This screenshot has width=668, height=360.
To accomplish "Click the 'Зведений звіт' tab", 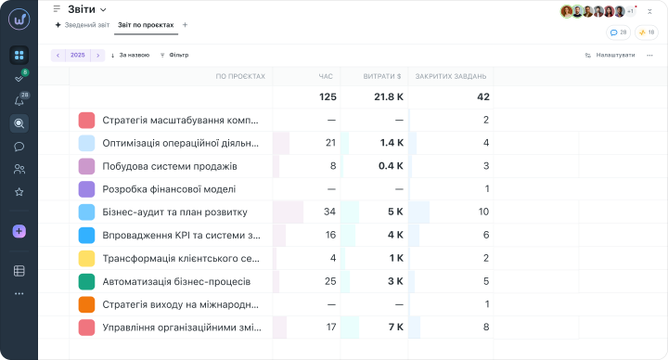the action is [x=87, y=25].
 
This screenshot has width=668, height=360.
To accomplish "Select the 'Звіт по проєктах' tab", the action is [x=146, y=25].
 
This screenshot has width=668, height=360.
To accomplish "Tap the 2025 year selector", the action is [x=78, y=55].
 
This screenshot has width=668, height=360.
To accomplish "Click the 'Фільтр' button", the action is [x=174, y=55].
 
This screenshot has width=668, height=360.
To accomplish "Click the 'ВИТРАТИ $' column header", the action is [x=382, y=77].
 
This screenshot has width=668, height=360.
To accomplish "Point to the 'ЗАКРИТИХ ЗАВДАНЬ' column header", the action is [x=451, y=77].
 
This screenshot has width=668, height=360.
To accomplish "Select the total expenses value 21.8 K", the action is [x=389, y=97].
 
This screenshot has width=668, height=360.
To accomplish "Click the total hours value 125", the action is [x=328, y=97].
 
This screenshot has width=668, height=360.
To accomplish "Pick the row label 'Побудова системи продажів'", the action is [x=170, y=166].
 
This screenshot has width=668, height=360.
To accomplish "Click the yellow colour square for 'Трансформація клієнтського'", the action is [x=86, y=258].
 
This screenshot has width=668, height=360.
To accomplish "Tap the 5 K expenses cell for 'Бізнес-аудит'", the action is [x=395, y=212].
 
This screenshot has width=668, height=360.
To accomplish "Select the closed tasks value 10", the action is [x=483, y=212].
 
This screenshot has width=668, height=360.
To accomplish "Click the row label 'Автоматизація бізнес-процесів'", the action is [x=176, y=282].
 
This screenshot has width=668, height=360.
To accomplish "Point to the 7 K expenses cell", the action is [x=396, y=328].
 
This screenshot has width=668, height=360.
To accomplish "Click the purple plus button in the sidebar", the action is [x=19, y=231].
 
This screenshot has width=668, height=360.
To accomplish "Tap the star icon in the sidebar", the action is [x=19, y=192].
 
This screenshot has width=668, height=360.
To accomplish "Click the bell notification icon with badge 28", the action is [x=19, y=101].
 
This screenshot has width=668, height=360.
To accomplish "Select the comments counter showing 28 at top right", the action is [x=618, y=32].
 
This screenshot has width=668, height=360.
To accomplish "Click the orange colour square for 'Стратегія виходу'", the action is [x=86, y=304].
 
